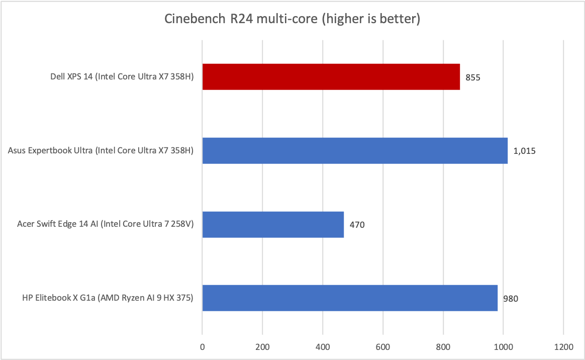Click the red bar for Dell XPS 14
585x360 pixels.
pyautogui.click(x=331, y=77)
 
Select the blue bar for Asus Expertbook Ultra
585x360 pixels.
pyautogui.click(x=355, y=150)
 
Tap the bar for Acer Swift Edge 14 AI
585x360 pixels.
pyautogui.click(x=273, y=224)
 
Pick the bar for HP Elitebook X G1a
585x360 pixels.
pyautogui.click(x=350, y=298)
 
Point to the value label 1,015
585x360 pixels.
pyautogui.click(x=525, y=151)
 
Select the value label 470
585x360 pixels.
pyautogui.click(x=357, y=225)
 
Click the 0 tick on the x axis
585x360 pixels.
pyautogui.click(x=202, y=346)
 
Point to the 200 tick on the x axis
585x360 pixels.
pyautogui.click(x=262, y=346)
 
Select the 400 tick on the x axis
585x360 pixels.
pyautogui.click(x=323, y=346)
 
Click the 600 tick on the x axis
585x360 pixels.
pyautogui.click(x=383, y=346)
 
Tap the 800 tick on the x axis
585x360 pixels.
pyautogui.click(x=443, y=346)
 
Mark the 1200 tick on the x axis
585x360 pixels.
pyautogui.click(x=563, y=346)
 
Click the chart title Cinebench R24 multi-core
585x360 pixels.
pyautogui.click(x=292, y=19)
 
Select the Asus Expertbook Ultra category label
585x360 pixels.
pyautogui.click(x=101, y=150)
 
